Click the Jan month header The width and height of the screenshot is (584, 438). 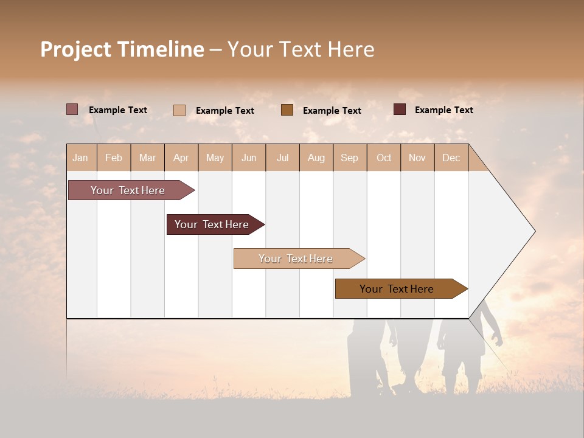coord(80,158)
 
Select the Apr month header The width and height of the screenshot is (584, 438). coord(181,158)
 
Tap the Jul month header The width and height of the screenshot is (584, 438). coord(282,158)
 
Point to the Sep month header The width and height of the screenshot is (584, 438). coord(349,158)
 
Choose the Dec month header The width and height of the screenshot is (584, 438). coord(451,158)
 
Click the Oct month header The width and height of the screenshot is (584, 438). coord(384,158)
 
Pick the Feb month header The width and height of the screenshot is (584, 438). coord(114,158)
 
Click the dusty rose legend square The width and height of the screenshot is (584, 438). coord(72,109)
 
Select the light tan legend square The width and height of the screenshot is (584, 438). coord(179,110)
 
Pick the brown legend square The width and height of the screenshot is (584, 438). coord(287,110)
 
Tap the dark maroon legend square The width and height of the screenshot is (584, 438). coord(400,109)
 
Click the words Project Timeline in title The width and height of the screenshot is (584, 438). coord(122,49)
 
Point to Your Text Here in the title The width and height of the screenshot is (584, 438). coord(301,49)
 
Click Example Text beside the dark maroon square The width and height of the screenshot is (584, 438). coord(443,110)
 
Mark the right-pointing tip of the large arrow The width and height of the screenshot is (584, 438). coord(534,231)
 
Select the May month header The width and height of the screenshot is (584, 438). coord(215,158)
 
